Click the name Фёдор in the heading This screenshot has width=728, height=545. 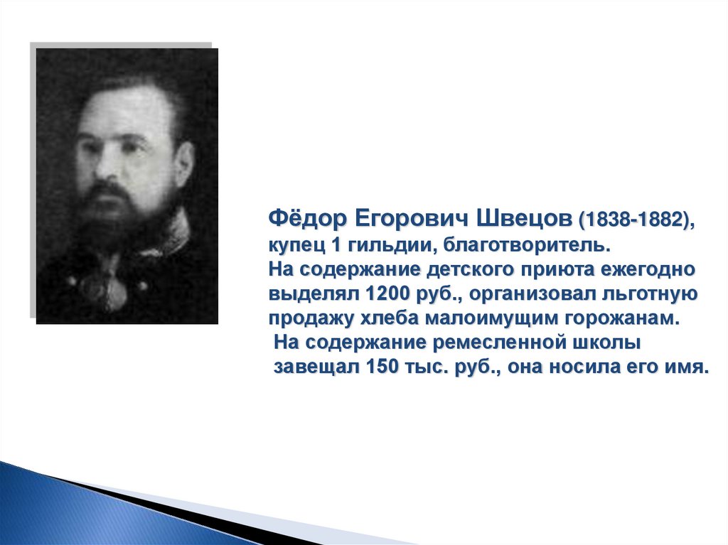[x=308, y=219]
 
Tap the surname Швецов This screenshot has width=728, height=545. [x=525, y=219]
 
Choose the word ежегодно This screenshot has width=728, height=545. [x=646, y=270]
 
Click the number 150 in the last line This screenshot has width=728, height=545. [x=382, y=367]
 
